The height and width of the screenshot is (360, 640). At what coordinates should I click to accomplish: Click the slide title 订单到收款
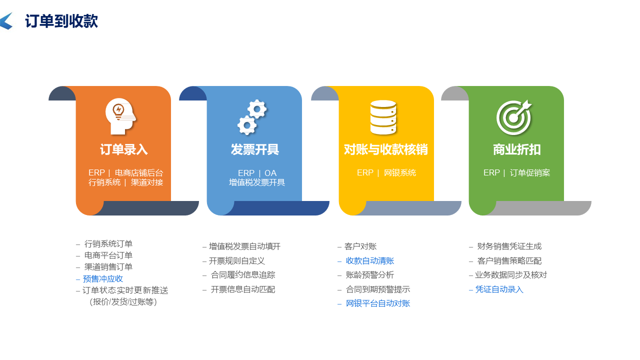point(61,21)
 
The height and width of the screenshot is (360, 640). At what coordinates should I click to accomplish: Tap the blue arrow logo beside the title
point(6,21)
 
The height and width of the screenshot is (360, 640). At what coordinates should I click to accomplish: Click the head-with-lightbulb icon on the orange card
point(120,116)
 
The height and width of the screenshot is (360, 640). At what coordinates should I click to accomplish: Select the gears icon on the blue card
point(252,117)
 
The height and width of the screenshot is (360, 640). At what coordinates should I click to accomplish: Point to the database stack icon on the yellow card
point(383,117)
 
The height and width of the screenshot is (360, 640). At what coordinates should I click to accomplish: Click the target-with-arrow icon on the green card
point(514,117)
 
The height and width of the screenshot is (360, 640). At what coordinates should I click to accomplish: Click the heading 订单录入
point(123,149)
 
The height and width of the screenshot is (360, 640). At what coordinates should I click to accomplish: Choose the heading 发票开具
point(254,149)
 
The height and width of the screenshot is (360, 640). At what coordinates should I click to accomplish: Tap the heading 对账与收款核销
point(385,149)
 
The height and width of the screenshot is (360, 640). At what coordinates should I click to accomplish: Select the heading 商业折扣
point(516,149)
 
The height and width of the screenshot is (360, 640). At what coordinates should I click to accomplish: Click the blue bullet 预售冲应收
point(103,279)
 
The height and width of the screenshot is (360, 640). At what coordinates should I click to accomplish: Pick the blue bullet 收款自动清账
point(370,261)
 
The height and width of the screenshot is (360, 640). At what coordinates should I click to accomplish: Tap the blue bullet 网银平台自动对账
point(378,303)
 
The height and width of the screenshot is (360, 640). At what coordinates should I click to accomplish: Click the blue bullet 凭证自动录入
point(499,289)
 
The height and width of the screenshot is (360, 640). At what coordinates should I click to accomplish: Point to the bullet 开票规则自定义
point(237,261)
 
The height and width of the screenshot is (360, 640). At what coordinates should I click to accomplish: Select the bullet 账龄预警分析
point(370,275)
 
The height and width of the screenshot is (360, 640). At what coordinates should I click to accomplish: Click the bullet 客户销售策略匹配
point(509,261)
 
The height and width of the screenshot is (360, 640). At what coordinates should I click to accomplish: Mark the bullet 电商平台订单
point(108,255)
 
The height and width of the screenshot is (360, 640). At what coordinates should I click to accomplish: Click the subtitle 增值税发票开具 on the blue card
point(257,182)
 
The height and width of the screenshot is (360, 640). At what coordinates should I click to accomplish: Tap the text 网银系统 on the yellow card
point(400,173)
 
